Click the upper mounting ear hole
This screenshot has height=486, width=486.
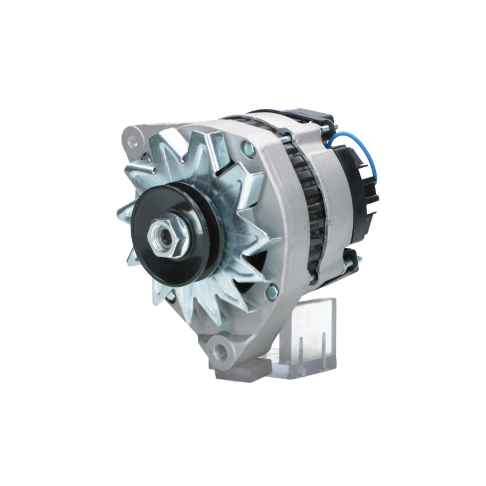132,141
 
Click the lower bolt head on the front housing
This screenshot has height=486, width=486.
272,292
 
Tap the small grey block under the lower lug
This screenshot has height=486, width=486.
243,372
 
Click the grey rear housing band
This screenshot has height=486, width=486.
330,194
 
